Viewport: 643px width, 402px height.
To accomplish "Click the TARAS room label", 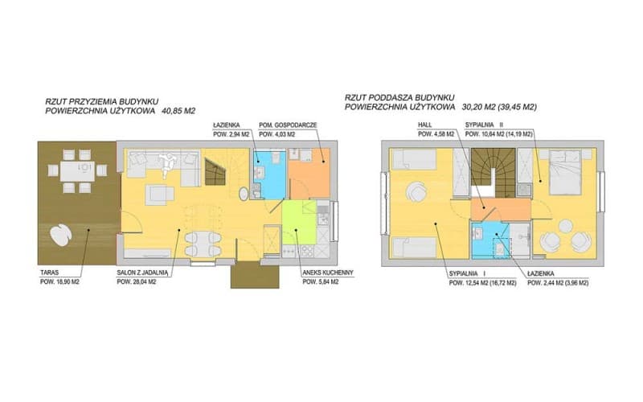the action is [x=49, y=273].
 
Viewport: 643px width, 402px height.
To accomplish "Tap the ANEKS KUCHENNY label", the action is [x=327, y=273].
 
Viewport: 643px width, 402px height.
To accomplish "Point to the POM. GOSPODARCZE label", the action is [x=288, y=125].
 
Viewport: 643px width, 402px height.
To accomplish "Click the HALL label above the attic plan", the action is [x=425, y=125].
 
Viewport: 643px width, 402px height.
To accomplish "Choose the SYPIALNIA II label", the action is [x=484, y=125].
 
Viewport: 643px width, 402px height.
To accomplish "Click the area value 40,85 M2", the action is [x=178, y=111].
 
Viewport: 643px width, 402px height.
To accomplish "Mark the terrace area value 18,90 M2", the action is [x=66, y=282].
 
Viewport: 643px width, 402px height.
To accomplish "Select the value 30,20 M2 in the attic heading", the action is [x=478, y=107].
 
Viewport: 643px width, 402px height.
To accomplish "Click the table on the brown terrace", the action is [x=77, y=171].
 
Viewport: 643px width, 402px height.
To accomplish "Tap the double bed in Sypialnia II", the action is [x=565, y=172].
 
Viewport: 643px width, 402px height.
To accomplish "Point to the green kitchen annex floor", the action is [x=298, y=222].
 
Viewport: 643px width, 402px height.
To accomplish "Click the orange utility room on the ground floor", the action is [x=309, y=173].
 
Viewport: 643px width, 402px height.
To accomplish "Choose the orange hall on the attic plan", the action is [x=500, y=209].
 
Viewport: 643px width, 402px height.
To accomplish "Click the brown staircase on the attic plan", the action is [x=493, y=172].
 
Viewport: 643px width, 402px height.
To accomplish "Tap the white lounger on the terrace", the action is [x=61, y=235].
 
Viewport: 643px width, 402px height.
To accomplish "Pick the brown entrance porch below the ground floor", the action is [x=255, y=277].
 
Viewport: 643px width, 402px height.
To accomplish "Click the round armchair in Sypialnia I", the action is [x=416, y=191].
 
